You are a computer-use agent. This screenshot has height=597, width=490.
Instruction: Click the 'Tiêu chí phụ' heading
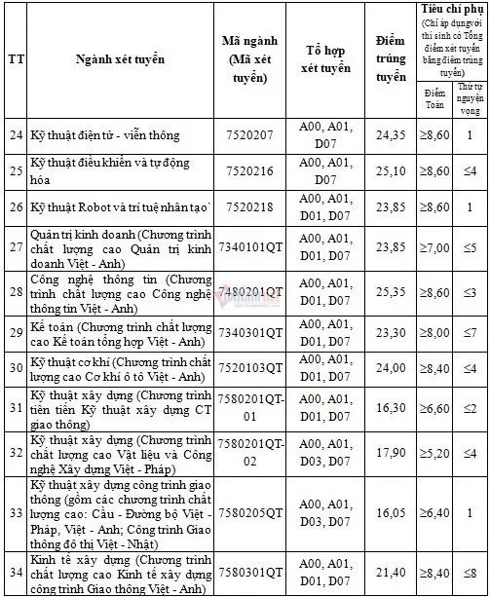[x=451, y=9]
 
